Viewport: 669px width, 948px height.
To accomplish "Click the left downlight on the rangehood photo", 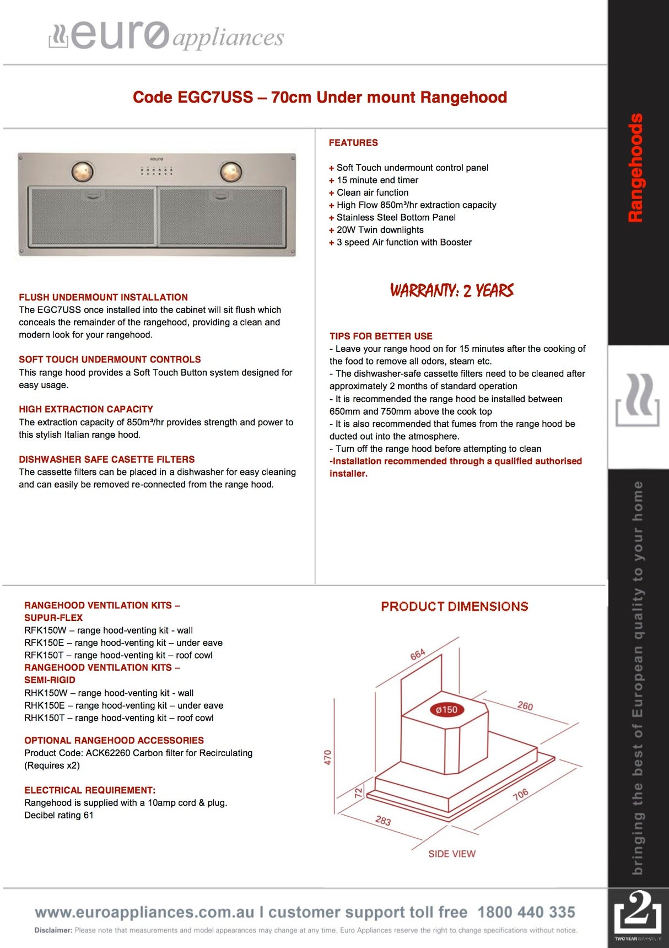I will pos(82,172).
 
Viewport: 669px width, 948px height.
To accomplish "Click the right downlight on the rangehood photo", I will pos(231,172).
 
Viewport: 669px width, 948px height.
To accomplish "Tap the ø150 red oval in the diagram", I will pos(446,710).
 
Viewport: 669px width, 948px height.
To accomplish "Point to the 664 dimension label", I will pos(418,654).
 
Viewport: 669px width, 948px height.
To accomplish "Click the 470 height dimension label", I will pos(327,757).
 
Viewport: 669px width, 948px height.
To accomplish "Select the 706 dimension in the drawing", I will pos(520,794).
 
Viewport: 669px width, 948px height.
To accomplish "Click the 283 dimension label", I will pos(383,821).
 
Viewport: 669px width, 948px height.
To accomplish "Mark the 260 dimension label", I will pos(525,706).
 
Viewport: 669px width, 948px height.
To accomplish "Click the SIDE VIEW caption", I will pos(452,854).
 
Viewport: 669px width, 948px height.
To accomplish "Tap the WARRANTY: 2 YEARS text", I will pos(452,290).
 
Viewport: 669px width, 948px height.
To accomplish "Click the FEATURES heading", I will pos(353,143).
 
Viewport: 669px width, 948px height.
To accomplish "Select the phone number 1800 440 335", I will pos(526,912).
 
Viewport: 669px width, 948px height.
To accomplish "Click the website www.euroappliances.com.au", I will pos(145,912).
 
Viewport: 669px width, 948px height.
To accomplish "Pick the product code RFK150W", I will pos(45,630).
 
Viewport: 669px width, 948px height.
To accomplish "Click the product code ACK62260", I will pos(108,753).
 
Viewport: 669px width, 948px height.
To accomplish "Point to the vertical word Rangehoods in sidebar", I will pos(635,168).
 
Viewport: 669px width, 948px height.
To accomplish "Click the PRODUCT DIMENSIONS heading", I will pos(455,607).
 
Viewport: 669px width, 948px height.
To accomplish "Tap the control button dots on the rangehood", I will pos(157,170).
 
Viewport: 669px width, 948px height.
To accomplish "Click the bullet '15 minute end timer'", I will pos(377,180).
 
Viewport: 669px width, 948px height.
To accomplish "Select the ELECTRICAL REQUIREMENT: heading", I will pos(90,790).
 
